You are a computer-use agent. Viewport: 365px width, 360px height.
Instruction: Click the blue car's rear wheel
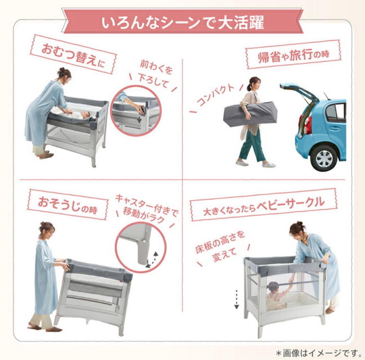tap(324, 157)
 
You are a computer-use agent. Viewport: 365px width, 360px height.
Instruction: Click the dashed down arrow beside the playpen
tap(236, 299)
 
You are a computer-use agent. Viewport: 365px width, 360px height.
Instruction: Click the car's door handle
tap(334, 128)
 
